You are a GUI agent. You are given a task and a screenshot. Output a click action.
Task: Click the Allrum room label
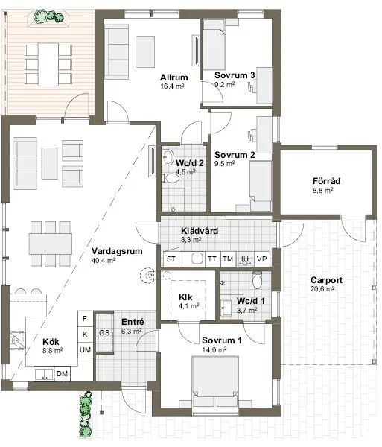(x=174, y=77)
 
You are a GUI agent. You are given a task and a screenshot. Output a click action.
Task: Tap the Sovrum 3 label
(x=235, y=75)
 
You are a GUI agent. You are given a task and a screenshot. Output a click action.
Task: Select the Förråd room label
(x=326, y=181)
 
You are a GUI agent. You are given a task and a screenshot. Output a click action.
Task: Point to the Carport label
(x=326, y=280)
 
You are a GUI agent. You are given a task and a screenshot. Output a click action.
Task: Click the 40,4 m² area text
(x=104, y=260)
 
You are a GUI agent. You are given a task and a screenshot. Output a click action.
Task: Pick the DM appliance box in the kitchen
(x=62, y=374)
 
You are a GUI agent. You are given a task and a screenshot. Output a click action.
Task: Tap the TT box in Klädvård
(x=212, y=259)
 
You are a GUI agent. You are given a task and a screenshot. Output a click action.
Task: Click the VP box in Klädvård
(x=262, y=259)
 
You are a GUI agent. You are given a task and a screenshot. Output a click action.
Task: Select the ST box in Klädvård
(x=171, y=259)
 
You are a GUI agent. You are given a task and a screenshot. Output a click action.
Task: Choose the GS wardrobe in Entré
(x=104, y=332)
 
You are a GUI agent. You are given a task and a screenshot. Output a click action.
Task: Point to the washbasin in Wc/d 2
(x=168, y=156)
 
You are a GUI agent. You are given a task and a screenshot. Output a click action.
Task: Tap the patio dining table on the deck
(x=48, y=64)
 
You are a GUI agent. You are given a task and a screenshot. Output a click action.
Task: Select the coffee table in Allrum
(x=145, y=51)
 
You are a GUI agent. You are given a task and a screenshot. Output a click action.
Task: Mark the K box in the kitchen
(x=85, y=334)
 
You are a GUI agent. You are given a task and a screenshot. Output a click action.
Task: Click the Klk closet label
(x=185, y=297)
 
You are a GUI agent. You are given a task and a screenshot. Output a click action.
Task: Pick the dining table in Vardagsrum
(x=51, y=244)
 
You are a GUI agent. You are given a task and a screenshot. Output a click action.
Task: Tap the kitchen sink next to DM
(x=44, y=374)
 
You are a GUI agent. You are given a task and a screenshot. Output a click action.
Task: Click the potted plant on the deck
(x=48, y=16)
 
